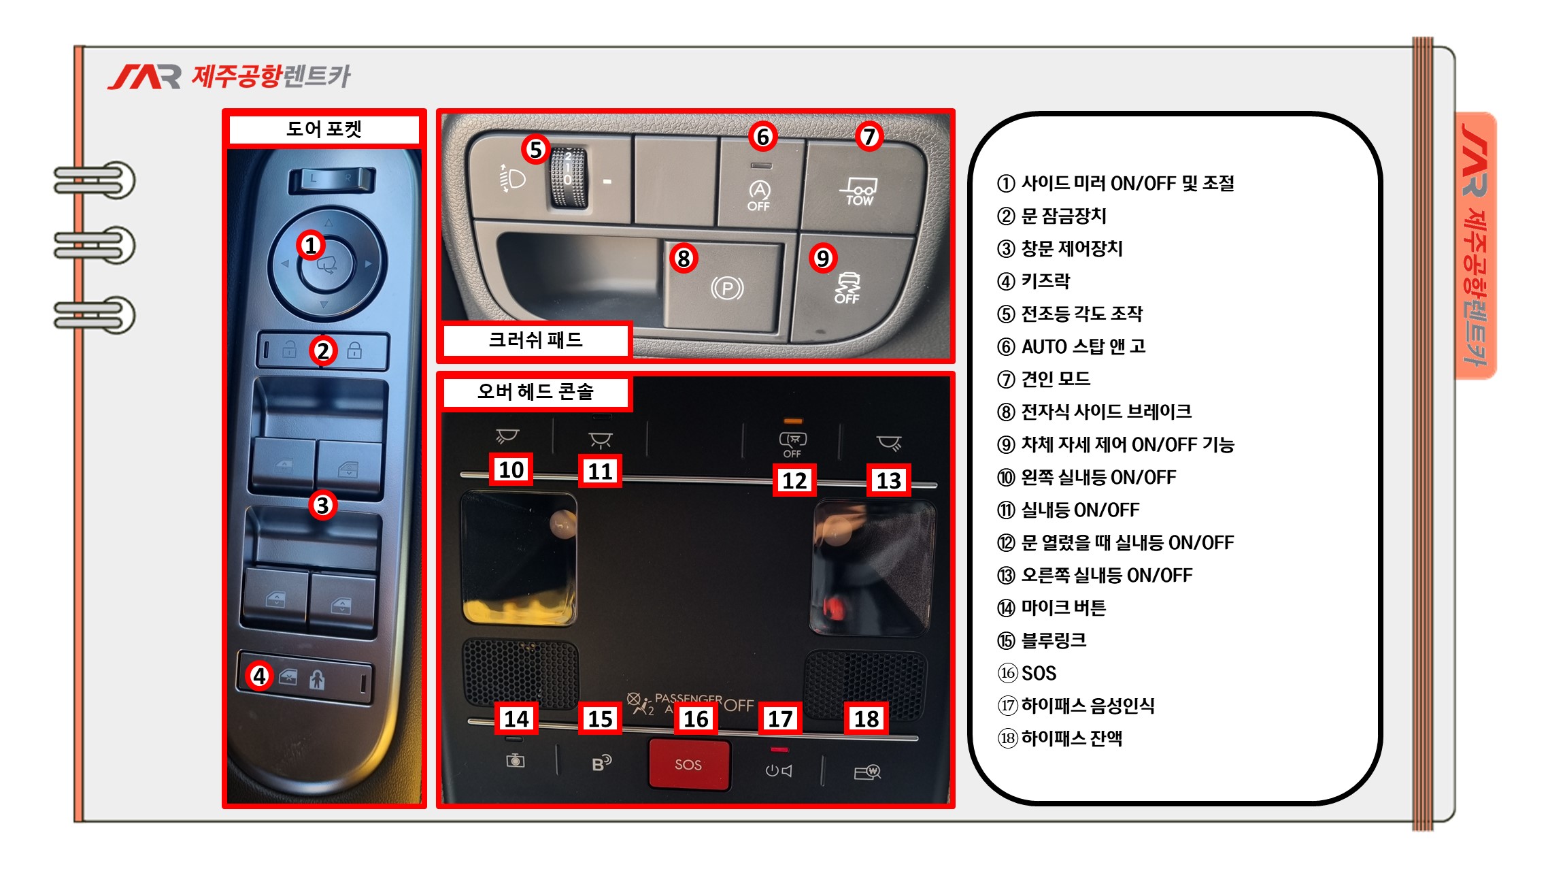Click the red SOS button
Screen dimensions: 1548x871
click(x=689, y=764)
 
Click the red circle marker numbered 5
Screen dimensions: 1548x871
click(x=536, y=149)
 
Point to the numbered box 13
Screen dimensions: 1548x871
click(x=888, y=480)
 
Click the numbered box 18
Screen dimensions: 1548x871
click(x=866, y=719)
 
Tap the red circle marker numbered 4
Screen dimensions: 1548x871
click(x=259, y=676)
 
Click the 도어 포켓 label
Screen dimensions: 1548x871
click(x=324, y=129)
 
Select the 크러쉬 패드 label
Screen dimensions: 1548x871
click(x=535, y=340)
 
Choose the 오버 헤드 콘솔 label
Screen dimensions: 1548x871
click(x=535, y=392)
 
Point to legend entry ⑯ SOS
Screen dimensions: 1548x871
click(x=1027, y=673)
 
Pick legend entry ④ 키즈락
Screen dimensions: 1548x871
click(x=1033, y=281)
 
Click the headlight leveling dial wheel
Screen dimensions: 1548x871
click(x=568, y=178)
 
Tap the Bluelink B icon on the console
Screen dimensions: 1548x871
click(x=602, y=763)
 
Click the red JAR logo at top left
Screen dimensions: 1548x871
click(x=144, y=77)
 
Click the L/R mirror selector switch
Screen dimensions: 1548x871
click(x=331, y=180)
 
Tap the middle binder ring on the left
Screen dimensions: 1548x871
click(x=95, y=246)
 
